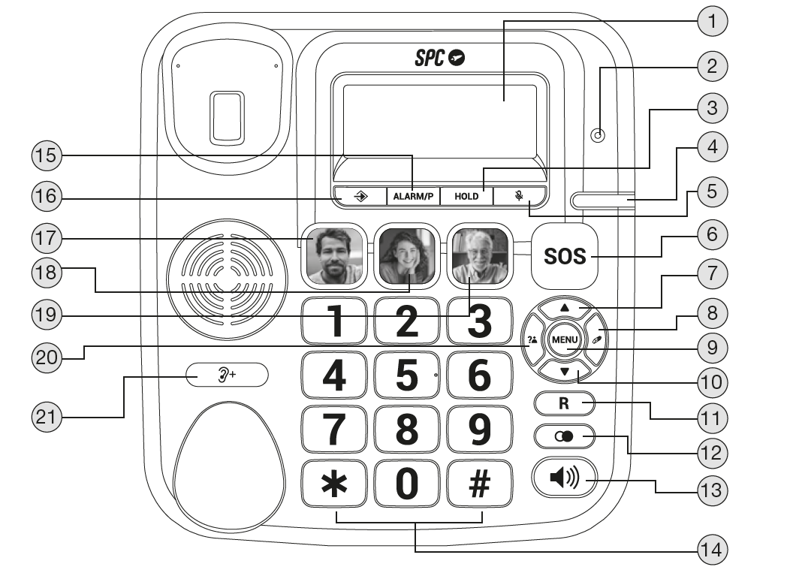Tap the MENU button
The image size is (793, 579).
coord(565,340)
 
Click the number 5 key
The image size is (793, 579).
coord(406,375)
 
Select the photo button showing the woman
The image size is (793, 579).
coord(406,256)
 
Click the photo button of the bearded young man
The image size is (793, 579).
coord(333,256)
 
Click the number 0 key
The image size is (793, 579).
coord(406,483)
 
